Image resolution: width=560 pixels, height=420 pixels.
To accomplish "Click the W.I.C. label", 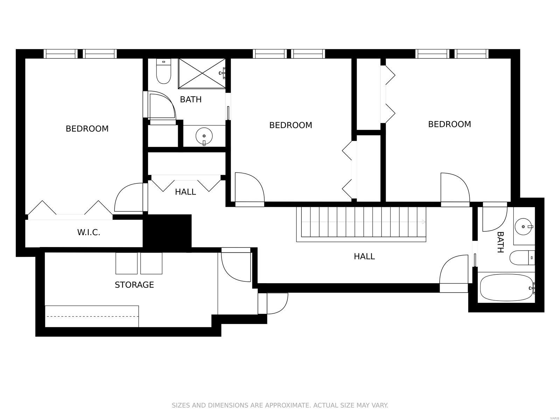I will pyautogui.click(x=89, y=232).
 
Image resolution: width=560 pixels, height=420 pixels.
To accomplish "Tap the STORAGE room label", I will pyautogui.click(x=134, y=285).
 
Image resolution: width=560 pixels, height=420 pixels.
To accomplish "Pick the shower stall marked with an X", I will pyautogui.click(x=202, y=73).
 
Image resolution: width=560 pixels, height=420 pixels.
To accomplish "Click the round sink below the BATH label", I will pyautogui.click(x=204, y=135).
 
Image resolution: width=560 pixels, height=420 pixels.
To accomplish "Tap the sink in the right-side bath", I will pyautogui.click(x=524, y=226).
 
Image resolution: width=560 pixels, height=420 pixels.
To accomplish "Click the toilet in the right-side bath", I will pyautogui.click(x=521, y=258).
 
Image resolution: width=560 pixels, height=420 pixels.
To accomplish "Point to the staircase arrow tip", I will pyautogui.click(x=424, y=222).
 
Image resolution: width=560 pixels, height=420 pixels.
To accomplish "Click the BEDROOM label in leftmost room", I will pyautogui.click(x=87, y=129).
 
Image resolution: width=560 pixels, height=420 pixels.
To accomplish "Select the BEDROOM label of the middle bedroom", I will pyautogui.click(x=290, y=125).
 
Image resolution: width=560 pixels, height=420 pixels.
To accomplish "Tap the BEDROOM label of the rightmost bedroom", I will pyautogui.click(x=449, y=124).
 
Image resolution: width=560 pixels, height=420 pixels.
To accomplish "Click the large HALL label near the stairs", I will pyautogui.click(x=364, y=257).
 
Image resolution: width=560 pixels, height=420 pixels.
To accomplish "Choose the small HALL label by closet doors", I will pyautogui.click(x=185, y=192).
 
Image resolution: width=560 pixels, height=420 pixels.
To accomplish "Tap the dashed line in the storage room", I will pyautogui.click(x=92, y=316).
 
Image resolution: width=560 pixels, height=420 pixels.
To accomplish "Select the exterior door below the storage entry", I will pyautogui.click(x=276, y=303).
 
